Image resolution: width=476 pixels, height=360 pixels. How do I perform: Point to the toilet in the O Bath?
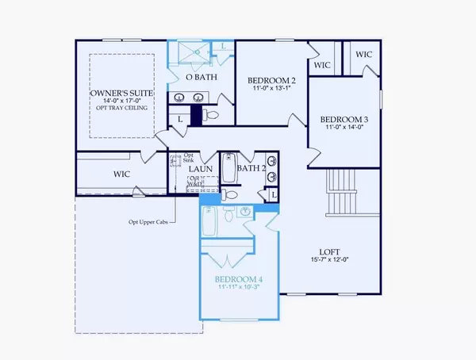point(210,116)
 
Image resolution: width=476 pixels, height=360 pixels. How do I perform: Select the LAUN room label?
point(199,168)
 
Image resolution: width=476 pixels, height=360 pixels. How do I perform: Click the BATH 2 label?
point(251,168)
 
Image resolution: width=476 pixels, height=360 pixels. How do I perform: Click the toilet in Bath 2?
point(228,193)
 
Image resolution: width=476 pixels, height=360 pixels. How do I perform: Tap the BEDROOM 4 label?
point(239,279)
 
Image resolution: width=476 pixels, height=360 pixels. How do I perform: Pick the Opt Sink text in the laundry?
point(188,158)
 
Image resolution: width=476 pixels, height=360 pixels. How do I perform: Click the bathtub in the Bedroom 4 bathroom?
point(210,223)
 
